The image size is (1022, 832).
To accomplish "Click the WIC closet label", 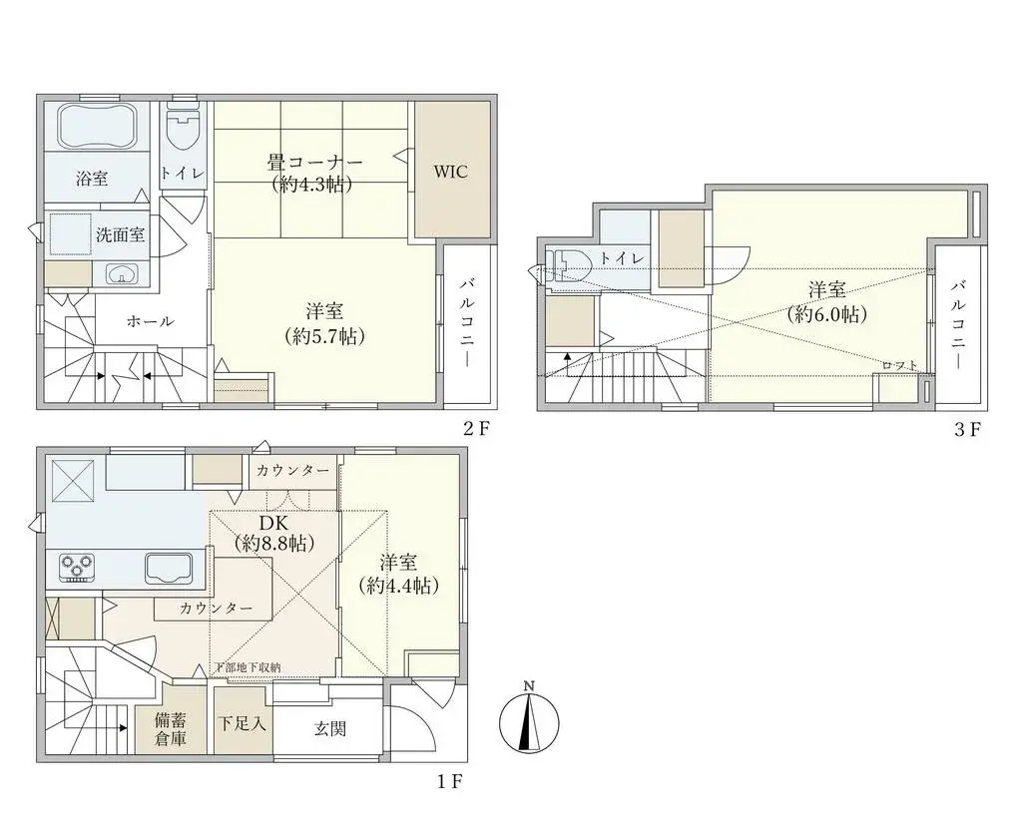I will (x=450, y=172).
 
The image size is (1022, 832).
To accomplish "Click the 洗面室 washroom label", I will (x=121, y=235).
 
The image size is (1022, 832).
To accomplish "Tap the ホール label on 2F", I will (x=151, y=321).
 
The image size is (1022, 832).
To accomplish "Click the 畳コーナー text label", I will (x=314, y=163).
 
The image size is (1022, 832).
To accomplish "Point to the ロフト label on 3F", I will (x=898, y=366).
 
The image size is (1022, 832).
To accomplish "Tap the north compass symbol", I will (x=529, y=718).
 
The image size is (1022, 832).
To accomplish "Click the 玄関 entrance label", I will (x=330, y=729).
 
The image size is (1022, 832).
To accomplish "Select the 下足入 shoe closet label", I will (x=243, y=723).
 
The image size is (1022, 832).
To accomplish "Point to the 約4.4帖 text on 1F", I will (x=402, y=587).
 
